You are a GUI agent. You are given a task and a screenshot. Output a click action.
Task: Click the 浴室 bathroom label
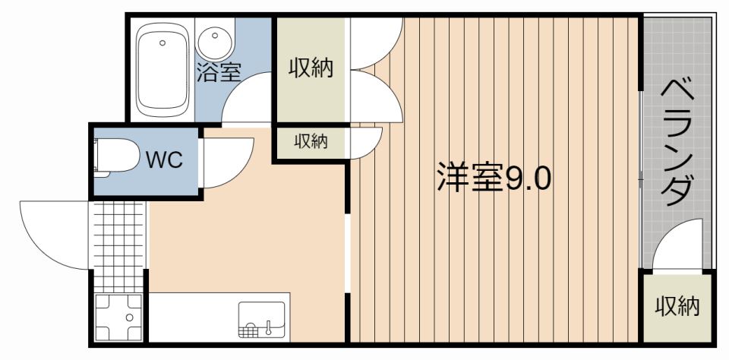219,72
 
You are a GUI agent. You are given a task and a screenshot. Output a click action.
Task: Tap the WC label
164,160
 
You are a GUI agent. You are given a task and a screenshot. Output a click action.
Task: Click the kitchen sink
262,320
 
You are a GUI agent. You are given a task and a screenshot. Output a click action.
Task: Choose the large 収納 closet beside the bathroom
311,68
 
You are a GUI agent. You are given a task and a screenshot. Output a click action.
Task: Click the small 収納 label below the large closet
311,141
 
